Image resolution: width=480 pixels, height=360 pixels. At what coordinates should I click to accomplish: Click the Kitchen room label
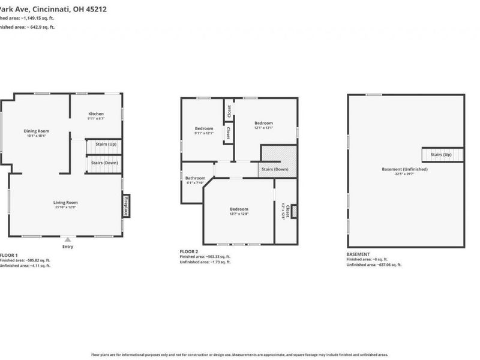click(x=96, y=114)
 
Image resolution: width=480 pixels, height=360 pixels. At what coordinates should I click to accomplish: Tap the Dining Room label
click(x=36, y=131)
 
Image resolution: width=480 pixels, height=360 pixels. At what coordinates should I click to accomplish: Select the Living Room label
click(x=66, y=203)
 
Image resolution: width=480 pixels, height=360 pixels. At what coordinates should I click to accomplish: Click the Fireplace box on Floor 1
click(x=126, y=205)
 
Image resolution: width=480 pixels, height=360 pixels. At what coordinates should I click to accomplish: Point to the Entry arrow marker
click(x=67, y=239)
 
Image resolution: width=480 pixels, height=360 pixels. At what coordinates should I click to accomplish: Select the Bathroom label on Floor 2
click(x=195, y=178)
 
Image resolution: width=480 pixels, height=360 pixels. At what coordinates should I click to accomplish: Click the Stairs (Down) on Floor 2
click(x=275, y=169)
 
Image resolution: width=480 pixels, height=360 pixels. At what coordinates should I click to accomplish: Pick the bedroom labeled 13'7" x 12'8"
click(x=238, y=209)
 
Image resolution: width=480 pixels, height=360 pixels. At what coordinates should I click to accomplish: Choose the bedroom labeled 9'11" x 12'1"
click(x=204, y=128)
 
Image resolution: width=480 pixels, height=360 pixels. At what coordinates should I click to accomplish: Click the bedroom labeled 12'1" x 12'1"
click(x=263, y=124)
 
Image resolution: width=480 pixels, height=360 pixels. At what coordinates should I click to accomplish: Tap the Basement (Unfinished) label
click(x=404, y=169)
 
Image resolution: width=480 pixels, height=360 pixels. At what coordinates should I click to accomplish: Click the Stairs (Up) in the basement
click(x=443, y=155)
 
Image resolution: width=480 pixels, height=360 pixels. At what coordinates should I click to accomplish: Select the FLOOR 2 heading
click(x=189, y=251)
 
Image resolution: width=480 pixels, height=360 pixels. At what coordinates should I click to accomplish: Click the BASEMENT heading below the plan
click(x=359, y=254)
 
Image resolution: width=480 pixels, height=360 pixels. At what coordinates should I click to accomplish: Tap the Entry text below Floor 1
click(x=67, y=247)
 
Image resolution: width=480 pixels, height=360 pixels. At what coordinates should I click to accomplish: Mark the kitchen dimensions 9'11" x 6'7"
click(x=96, y=119)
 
